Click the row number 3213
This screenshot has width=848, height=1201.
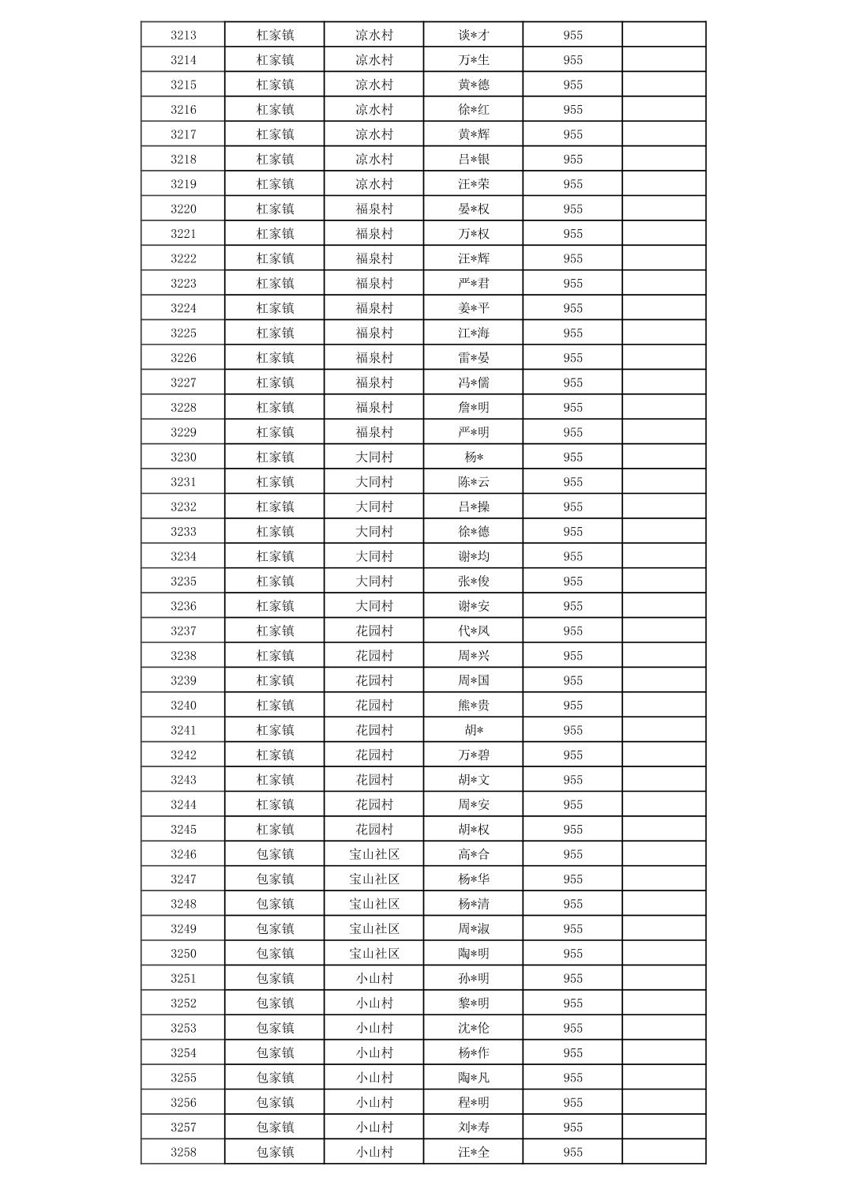(183, 35)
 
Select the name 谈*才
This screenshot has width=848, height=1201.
(474, 35)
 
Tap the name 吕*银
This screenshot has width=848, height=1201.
(474, 159)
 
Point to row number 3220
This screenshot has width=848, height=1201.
(183, 209)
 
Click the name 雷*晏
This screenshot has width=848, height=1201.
(474, 358)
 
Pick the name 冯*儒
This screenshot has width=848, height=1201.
(474, 382)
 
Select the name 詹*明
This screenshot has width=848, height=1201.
(474, 408)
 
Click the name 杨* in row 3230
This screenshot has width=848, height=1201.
(474, 457)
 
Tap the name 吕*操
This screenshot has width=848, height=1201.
(474, 506)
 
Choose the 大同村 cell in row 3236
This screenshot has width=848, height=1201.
(374, 606)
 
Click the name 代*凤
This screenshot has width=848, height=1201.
(474, 631)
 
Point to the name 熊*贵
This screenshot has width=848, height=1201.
(474, 706)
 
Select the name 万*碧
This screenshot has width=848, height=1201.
(474, 755)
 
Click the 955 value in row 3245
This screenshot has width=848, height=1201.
(573, 830)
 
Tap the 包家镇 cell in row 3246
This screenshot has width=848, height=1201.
(275, 854)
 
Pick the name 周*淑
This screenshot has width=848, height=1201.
(474, 928)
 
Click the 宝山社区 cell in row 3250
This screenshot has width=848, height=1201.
(374, 954)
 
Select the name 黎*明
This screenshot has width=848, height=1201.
(474, 1003)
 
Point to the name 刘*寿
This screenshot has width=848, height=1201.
(474, 1128)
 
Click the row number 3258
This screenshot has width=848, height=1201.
(183, 1152)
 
